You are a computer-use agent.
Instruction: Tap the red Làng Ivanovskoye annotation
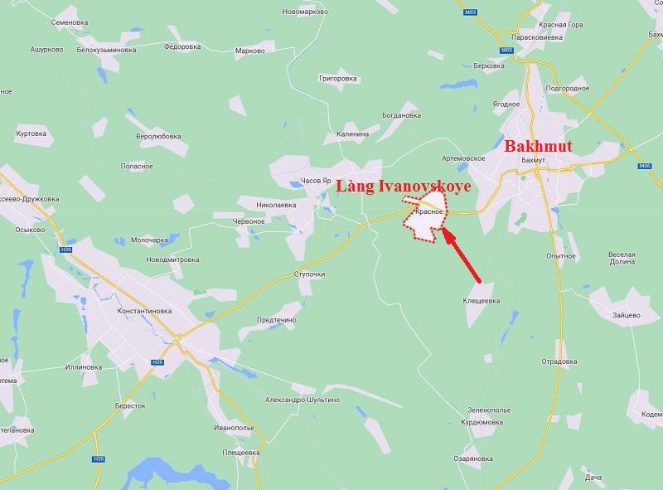pyautogui.click(x=403, y=187)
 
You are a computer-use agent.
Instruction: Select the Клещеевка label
pyautogui.click(x=481, y=301)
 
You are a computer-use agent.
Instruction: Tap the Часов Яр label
pyautogui.click(x=316, y=181)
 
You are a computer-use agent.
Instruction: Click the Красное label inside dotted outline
pyautogui.click(x=430, y=212)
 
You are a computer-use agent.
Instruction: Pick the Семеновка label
pyautogui.click(x=70, y=22)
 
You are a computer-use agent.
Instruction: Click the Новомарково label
pyautogui.click(x=305, y=12)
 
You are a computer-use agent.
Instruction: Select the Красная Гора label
pyautogui.click(x=564, y=25)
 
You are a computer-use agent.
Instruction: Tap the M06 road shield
pyautogui.click(x=645, y=166)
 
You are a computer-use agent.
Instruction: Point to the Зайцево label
pyautogui.click(x=627, y=315)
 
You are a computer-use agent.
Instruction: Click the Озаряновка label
pyautogui.click(x=473, y=458)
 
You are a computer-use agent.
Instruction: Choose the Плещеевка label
pyautogui.click(x=241, y=453)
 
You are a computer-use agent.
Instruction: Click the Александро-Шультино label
pyautogui.click(x=302, y=400)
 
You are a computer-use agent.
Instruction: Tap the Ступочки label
pyautogui.click(x=310, y=274)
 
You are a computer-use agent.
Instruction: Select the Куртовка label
pyautogui.click(x=31, y=133)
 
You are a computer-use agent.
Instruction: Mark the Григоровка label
pyautogui.click(x=338, y=78)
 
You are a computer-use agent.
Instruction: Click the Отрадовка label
pyautogui.click(x=559, y=361)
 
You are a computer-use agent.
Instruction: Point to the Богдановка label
pyautogui.click(x=402, y=115)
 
